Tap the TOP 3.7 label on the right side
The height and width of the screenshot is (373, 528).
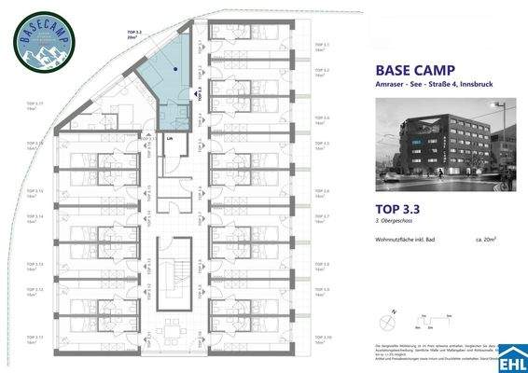(x=322, y=217)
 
